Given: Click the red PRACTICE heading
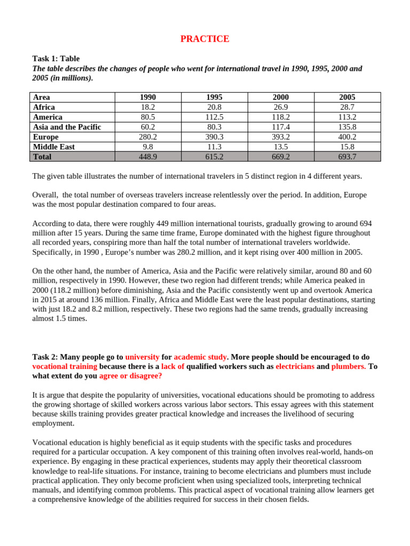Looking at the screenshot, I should [x=204, y=39].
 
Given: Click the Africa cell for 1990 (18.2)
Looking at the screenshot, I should [x=148, y=107].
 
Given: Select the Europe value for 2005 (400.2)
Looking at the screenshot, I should [x=347, y=136].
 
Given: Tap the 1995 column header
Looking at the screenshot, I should [x=214, y=97].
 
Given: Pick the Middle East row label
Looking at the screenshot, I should [x=54, y=147].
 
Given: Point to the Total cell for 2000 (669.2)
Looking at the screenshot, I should [x=281, y=157].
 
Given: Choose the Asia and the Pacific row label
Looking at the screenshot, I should [x=67, y=127].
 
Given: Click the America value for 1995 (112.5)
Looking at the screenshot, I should [x=214, y=117].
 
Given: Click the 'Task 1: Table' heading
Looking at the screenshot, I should [x=56, y=59].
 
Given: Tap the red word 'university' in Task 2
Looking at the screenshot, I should [x=142, y=357].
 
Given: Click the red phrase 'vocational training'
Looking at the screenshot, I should [x=65, y=366].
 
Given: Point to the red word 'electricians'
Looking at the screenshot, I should [x=295, y=366].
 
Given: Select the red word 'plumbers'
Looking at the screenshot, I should [x=349, y=366].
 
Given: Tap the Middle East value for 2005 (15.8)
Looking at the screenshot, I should [x=347, y=147].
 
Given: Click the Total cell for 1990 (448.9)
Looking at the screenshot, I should [x=148, y=157].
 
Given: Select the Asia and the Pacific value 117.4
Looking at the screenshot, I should [x=281, y=127].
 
